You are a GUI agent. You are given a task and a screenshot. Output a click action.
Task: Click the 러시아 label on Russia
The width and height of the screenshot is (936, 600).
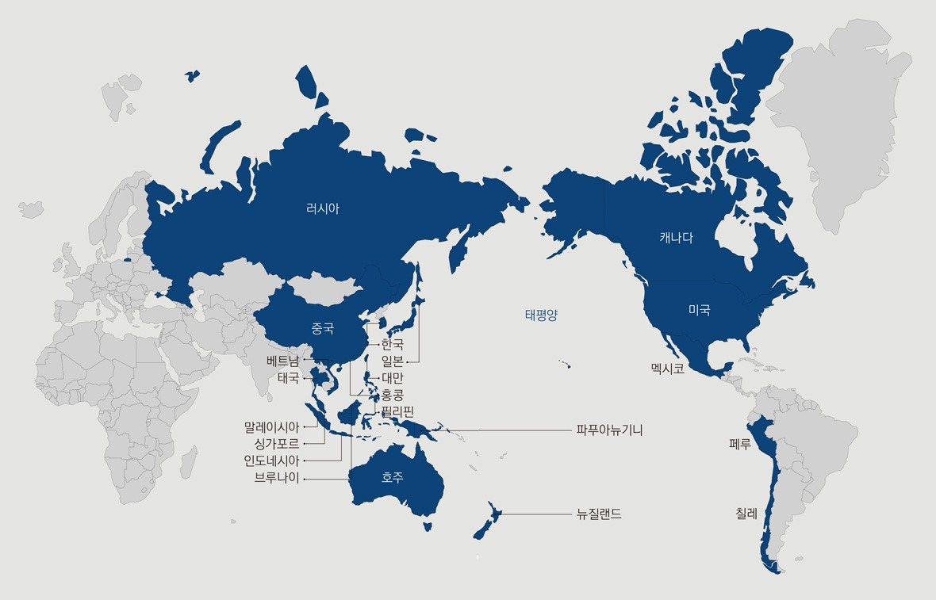[323, 209]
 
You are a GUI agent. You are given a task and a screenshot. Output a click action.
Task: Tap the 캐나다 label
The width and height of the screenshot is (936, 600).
[676, 237]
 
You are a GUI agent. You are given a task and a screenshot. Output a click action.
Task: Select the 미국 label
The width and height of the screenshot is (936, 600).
[699, 311]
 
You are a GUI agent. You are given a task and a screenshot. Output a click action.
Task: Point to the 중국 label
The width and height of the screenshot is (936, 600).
[323, 327]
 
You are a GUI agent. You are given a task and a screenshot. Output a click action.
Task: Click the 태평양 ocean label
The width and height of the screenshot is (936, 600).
[541, 315]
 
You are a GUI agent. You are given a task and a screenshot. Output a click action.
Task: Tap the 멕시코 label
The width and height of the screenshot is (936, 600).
[667, 369]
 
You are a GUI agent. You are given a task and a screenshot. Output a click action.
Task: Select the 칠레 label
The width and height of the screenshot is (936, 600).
[746, 514]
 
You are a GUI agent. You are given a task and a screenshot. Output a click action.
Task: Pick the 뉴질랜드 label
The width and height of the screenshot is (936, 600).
[600, 514]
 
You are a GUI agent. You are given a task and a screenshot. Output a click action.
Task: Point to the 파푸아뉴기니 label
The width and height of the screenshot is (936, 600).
[609, 430]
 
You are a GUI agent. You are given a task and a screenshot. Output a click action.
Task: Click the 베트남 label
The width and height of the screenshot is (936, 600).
[283, 360]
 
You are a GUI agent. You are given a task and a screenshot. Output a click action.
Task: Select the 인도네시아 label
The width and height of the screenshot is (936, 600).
[271, 461]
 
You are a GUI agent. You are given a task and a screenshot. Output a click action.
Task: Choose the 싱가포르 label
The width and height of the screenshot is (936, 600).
[271, 444]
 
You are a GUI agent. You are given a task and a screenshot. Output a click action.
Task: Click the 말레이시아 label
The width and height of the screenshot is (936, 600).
[271, 427]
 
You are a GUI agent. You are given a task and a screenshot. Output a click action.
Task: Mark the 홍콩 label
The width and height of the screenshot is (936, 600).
[392, 394]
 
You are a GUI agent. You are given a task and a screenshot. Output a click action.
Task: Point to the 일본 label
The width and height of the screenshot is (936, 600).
[392, 361]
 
